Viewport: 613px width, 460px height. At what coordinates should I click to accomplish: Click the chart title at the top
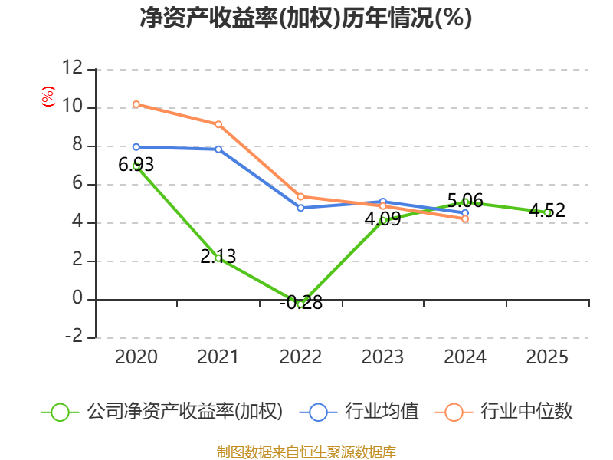tap(306, 18)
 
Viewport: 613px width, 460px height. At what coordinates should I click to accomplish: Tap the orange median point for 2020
tap(136, 104)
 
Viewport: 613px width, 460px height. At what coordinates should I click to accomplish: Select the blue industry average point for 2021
tap(218, 149)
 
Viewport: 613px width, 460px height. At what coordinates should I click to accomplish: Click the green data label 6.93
tap(136, 165)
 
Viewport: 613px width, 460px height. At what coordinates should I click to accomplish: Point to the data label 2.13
tap(218, 257)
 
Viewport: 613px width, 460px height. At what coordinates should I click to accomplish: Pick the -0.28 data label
tap(301, 302)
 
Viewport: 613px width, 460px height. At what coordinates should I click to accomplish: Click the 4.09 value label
tap(382, 219)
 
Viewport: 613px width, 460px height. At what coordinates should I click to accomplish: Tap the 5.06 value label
tap(465, 201)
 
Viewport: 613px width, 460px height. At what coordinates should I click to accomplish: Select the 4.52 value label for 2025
tap(547, 210)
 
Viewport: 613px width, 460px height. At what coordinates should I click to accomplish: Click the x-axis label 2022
tap(300, 356)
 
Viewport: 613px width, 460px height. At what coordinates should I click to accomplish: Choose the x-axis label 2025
tap(547, 356)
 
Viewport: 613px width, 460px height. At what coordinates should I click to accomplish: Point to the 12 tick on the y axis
tap(73, 67)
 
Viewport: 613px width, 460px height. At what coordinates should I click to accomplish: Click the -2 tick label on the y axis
tap(74, 336)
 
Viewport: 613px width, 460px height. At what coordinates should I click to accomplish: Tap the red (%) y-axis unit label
tap(48, 97)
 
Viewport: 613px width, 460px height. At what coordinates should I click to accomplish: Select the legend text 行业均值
tap(382, 412)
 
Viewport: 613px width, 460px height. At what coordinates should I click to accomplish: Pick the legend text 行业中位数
tap(526, 412)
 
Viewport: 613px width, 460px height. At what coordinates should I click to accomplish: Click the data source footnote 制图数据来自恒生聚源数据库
tap(306, 452)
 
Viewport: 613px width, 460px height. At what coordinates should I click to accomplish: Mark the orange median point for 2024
tap(465, 219)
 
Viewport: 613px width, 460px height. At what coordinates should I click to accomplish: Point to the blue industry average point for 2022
tap(300, 208)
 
